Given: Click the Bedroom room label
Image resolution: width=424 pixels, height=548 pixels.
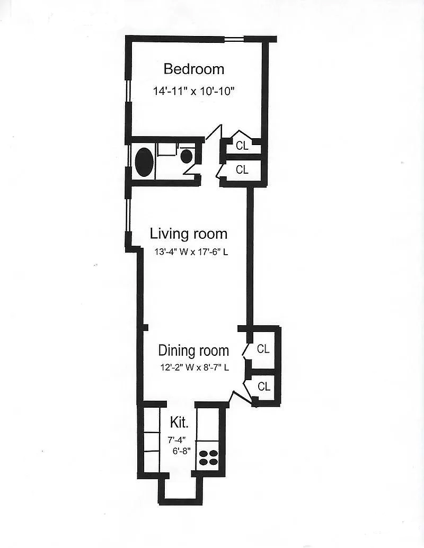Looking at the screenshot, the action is (194, 69).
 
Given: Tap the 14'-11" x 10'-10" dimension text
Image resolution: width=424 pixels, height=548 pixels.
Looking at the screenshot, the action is (193, 92).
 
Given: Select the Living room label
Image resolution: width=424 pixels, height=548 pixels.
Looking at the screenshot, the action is (189, 233).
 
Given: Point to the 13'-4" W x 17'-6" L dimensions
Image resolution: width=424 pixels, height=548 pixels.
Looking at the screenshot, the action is (191, 251).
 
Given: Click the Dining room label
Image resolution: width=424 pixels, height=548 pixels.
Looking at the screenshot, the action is (193, 350).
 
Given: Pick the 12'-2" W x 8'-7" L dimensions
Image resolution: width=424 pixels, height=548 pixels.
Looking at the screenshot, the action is (195, 367).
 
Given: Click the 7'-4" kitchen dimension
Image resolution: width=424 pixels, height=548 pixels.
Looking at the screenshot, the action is (176, 439).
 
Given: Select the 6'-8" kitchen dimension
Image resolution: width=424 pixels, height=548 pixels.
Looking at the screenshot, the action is (181, 451).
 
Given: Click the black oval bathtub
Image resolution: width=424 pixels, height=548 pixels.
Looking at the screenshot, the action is (144, 162).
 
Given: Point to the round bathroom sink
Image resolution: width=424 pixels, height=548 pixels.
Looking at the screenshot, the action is (187, 156).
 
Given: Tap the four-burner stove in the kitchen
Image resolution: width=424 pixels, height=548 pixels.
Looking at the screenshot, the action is (208, 457).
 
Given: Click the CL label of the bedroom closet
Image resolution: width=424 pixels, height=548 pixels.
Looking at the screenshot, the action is (242, 146).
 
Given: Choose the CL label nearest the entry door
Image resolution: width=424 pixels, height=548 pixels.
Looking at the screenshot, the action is (264, 386).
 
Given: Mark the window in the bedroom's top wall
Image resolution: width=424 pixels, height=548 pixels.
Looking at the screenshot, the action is (234, 39).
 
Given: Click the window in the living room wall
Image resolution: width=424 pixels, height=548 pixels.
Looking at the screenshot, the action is (128, 215).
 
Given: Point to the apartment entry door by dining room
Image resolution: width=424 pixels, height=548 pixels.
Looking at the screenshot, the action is (242, 398).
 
